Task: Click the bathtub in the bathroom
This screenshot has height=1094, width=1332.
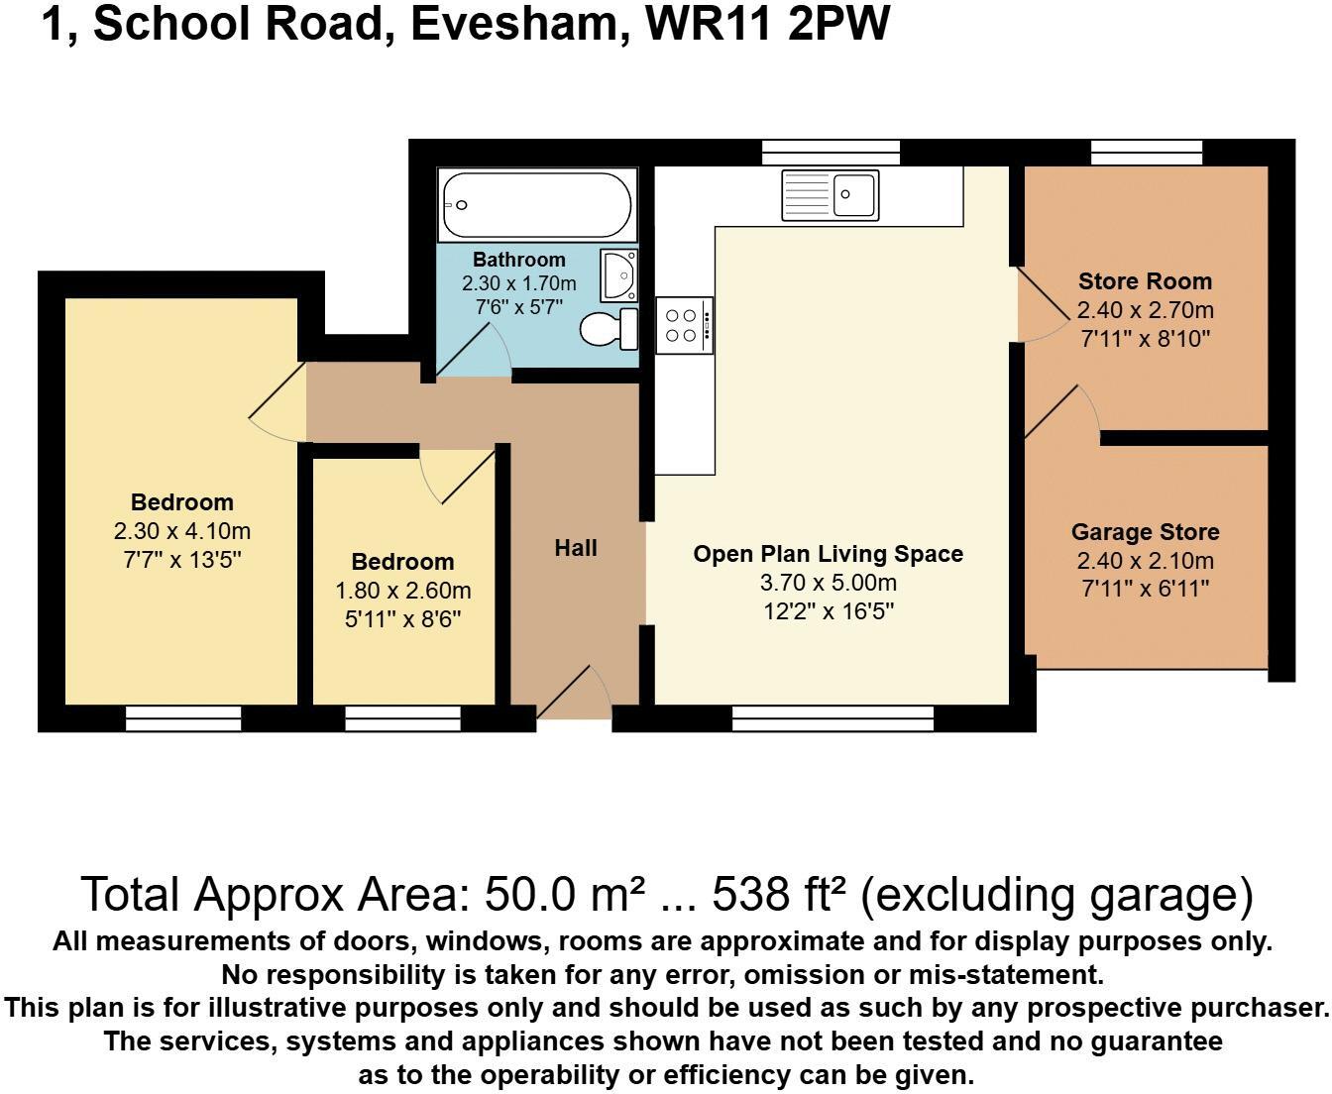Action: (x=536, y=205)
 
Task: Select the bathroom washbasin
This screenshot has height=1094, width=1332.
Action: (x=618, y=273)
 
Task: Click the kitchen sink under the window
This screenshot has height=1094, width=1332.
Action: (x=831, y=194)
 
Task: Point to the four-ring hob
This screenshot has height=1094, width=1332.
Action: (x=683, y=325)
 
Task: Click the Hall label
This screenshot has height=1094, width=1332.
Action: (x=576, y=548)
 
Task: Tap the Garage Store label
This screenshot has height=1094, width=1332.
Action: (x=1145, y=532)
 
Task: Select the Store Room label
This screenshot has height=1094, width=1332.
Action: (x=1145, y=281)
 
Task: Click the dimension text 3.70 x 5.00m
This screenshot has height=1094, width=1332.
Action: (x=828, y=583)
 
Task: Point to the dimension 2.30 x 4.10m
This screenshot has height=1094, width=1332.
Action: (x=182, y=531)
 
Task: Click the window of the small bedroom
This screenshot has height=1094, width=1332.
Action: (x=402, y=719)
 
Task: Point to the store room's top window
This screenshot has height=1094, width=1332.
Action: (x=1146, y=152)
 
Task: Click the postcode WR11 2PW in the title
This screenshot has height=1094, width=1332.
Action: (x=767, y=24)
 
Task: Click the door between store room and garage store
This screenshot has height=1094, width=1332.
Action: (x=1062, y=411)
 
